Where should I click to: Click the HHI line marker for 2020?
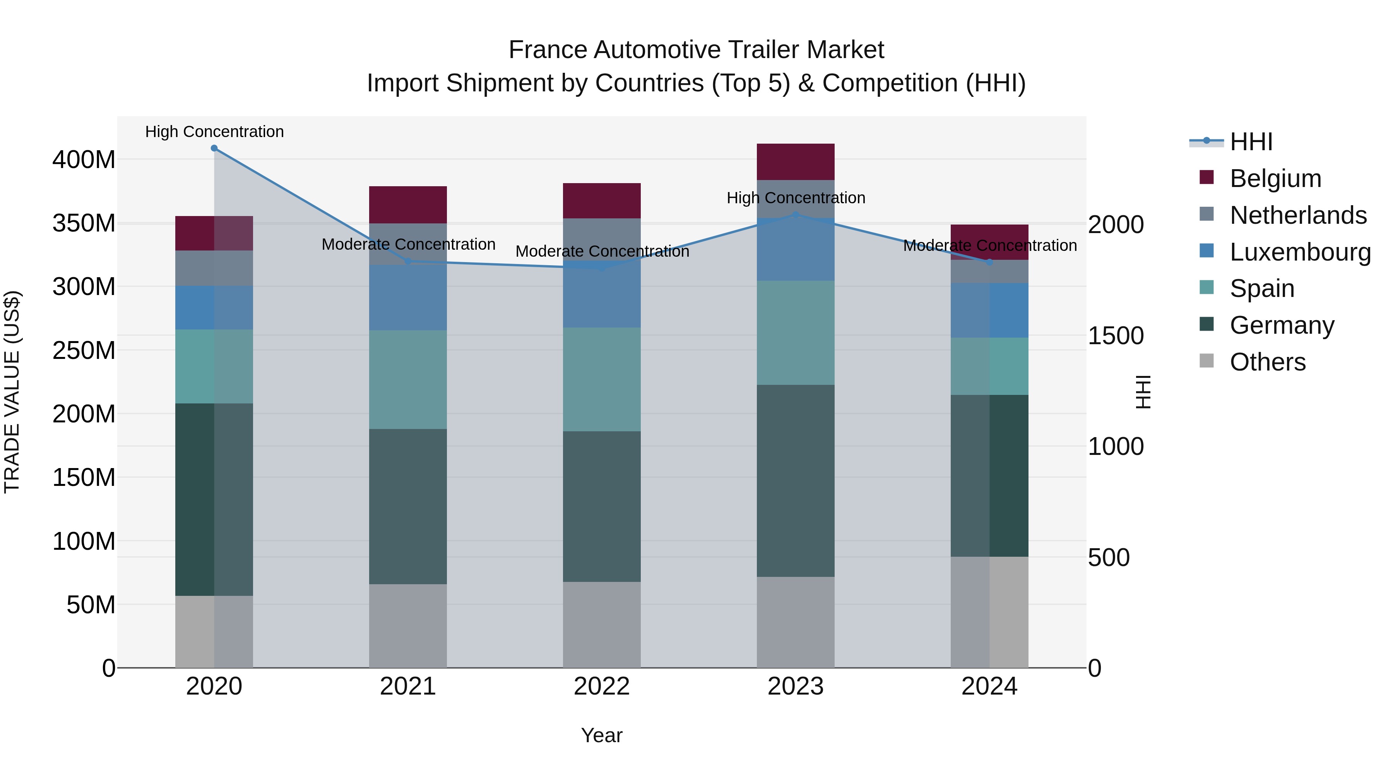pos(214,148)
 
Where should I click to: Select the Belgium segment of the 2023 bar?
pos(796,162)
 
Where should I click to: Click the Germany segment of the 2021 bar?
pos(408,506)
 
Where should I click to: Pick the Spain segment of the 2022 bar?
pos(602,379)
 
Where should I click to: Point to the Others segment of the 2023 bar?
pos(796,622)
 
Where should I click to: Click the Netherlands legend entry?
pos(1297,215)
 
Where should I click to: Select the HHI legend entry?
pos(1250,142)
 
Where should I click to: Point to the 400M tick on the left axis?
pos(84,160)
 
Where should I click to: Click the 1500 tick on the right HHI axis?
pos(1116,336)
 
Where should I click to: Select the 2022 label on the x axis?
pos(602,686)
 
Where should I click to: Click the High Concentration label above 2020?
pos(214,132)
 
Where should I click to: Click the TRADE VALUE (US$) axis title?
pos(12,392)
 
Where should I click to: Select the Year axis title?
pos(601,735)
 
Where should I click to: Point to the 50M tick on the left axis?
pos(91,605)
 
